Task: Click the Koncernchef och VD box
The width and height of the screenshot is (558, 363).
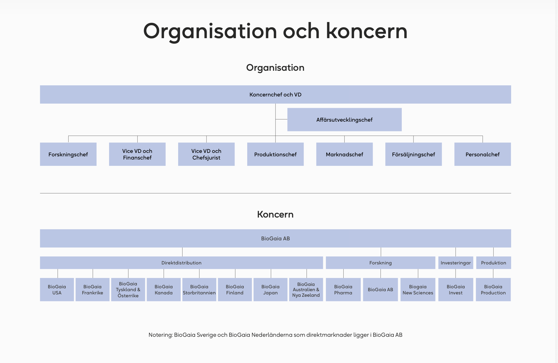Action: [x=275, y=94]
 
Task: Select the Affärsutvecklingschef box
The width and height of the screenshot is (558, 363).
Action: [x=344, y=119]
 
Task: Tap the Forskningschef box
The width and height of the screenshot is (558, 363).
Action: [x=68, y=154]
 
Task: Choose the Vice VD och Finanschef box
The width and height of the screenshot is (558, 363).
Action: [x=137, y=154]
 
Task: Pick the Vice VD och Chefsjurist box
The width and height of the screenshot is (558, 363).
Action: [x=206, y=154]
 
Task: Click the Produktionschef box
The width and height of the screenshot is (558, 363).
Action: [x=275, y=154]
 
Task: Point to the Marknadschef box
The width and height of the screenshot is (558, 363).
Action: [x=344, y=154]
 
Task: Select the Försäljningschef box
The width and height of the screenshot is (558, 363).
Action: [x=413, y=154]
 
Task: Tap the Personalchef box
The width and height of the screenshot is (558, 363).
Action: [x=483, y=154]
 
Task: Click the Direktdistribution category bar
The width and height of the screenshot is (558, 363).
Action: [x=181, y=263]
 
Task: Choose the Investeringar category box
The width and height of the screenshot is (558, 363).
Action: [x=456, y=263]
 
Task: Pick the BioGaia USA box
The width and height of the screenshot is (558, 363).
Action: [x=57, y=290]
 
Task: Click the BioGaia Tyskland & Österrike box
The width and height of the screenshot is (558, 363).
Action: [x=128, y=290]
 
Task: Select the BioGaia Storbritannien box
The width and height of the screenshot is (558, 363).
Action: [x=199, y=290]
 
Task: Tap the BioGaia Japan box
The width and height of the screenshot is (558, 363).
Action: [x=271, y=290]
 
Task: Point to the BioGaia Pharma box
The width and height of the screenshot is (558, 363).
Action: [x=343, y=290]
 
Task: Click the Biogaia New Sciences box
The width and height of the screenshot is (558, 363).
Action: [x=418, y=290]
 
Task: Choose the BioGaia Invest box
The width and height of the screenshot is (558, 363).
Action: [x=456, y=290]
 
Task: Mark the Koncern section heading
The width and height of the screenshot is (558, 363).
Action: [x=275, y=214]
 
